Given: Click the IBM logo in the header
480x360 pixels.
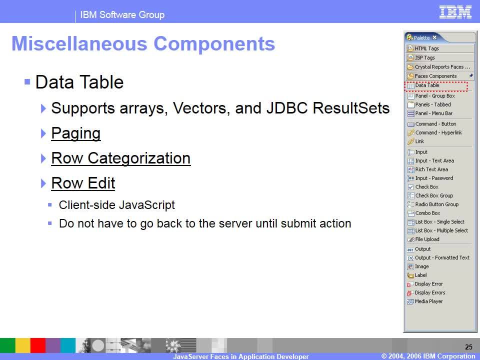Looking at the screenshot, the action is (455, 12).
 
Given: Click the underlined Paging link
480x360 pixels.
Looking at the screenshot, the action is (76, 133).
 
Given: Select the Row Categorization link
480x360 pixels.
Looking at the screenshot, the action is (121, 158).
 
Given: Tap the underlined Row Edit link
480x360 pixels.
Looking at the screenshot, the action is (83, 183).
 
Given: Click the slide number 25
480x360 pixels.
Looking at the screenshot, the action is (468, 347).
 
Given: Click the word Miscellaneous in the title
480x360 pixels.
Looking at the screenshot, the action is (79, 43).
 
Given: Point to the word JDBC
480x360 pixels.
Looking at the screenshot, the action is (287, 108).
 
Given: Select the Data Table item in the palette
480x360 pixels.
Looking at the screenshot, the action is (427, 85).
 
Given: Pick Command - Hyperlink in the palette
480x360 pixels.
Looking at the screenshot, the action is (438, 132).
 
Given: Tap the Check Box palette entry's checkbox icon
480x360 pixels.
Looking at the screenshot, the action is (411, 187).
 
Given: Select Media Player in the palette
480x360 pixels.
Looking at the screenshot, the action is (428, 301).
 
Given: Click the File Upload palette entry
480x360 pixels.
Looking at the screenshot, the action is (427, 239).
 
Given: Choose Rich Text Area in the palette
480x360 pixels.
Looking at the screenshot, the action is (431, 169).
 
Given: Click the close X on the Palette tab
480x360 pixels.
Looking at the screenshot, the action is (434, 37).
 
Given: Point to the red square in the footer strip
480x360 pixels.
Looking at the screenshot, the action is (38, 345).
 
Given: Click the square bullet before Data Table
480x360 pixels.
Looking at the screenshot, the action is (27, 81).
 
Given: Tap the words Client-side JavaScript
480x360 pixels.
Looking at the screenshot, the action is (117, 205).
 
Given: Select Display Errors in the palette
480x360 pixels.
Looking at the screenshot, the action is (430, 292).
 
